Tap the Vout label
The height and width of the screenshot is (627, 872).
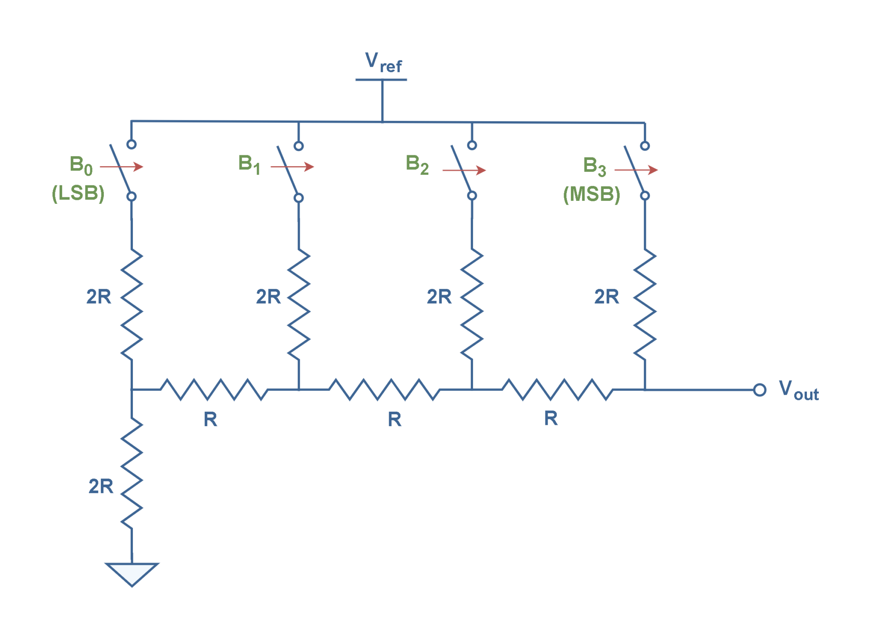pos(798,390)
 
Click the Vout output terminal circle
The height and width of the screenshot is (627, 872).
pos(760,390)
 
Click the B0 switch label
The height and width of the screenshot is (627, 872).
pos(81,165)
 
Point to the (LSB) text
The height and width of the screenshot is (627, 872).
pos(78,194)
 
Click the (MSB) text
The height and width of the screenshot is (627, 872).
pos(591,194)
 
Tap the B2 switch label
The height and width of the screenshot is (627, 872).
pos(417,164)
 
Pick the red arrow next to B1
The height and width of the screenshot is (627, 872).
pos(293,166)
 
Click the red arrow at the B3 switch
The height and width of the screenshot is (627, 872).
pos(636,170)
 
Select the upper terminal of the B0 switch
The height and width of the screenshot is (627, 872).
pos(132,145)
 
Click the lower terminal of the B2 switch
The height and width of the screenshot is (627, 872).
pos(472,196)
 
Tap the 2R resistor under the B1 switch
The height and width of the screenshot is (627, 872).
pos(299,304)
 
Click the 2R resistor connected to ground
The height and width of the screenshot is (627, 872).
pos(132,472)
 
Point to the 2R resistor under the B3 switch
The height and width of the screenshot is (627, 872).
pos(645,304)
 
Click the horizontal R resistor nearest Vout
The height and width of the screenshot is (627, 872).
pos(558,390)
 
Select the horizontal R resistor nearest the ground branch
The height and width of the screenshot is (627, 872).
pos(214,390)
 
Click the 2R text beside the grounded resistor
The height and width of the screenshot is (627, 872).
pos(101,486)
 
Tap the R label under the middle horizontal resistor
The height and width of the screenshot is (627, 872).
pos(395,419)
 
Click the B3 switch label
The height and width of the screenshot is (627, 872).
pos(594,166)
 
